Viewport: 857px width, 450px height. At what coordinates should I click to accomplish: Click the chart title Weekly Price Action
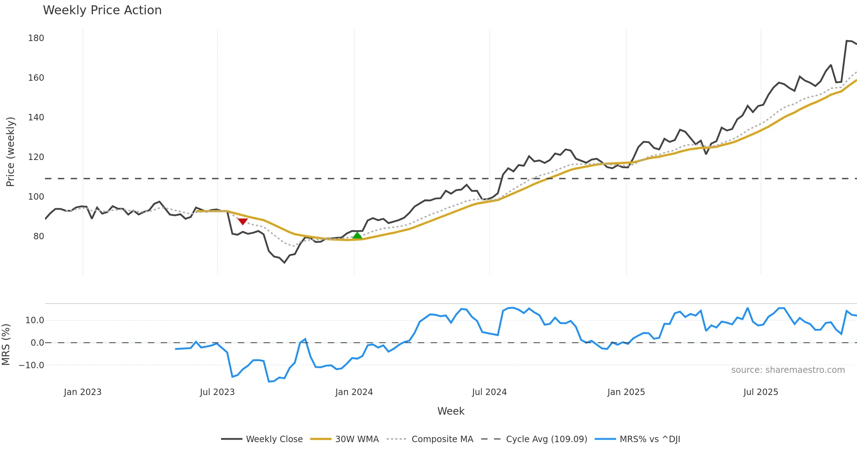click(x=102, y=10)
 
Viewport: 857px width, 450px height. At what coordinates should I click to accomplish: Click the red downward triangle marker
click(x=243, y=222)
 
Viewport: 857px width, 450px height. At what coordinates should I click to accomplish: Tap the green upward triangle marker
click(x=357, y=235)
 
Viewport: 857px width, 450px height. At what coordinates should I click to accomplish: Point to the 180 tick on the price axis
click(x=36, y=38)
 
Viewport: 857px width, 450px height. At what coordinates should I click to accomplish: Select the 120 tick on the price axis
click(x=36, y=157)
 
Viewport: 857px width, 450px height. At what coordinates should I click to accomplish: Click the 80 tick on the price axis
click(x=39, y=236)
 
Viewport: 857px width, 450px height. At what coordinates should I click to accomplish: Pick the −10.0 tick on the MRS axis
click(x=31, y=365)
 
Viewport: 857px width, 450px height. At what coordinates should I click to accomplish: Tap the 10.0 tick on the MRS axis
click(x=35, y=320)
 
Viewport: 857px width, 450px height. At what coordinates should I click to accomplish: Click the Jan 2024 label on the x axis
click(x=354, y=392)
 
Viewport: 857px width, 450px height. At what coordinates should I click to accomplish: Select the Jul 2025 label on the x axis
click(x=761, y=392)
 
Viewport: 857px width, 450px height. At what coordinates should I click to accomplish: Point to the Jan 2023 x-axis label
click(x=83, y=392)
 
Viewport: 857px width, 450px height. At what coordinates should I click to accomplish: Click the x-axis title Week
click(x=451, y=411)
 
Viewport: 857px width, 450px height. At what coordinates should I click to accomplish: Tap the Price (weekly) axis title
click(x=10, y=152)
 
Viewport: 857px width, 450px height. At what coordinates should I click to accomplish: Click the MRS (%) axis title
click(x=6, y=345)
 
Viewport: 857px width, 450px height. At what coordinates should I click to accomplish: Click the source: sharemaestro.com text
click(x=788, y=370)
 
